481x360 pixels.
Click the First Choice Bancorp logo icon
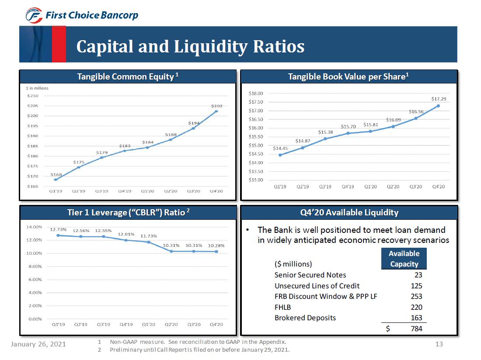point(34,15)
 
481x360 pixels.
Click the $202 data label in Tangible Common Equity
point(216,106)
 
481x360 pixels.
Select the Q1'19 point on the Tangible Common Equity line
point(56,180)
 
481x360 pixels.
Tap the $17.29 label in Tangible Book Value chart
point(438,99)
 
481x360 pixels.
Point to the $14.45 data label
point(280,149)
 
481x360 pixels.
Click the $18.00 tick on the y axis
point(255,93)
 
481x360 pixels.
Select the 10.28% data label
point(216,246)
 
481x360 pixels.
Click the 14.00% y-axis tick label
point(34,227)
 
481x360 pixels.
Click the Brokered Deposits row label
point(305,318)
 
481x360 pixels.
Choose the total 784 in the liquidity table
point(416,329)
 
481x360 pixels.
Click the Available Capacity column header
point(404,259)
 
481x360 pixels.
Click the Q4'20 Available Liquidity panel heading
point(349,213)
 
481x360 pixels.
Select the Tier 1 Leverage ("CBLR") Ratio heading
point(128,213)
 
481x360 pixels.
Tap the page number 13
point(439,344)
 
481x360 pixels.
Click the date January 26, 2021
point(38,344)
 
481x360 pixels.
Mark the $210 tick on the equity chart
point(33,96)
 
